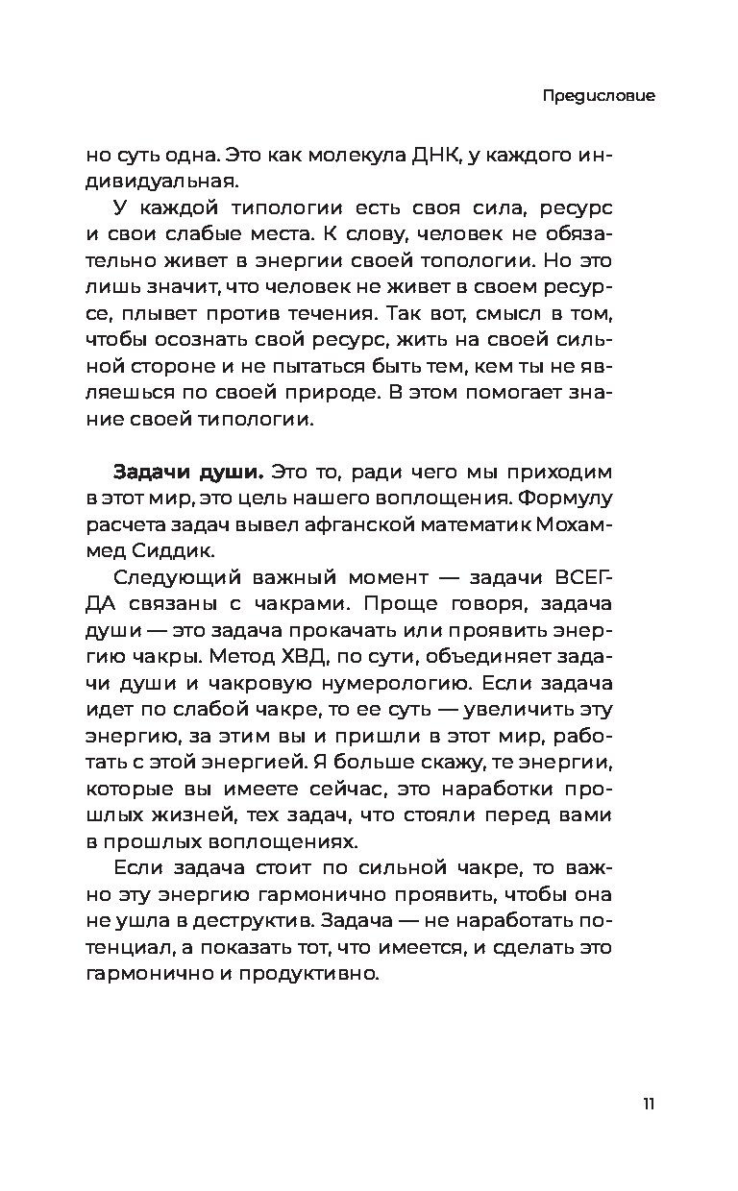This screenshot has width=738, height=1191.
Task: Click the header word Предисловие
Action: click(598, 97)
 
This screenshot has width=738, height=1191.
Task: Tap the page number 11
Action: click(649, 1103)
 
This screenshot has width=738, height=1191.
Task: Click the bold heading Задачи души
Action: click(188, 472)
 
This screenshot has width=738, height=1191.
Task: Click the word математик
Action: click(468, 524)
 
